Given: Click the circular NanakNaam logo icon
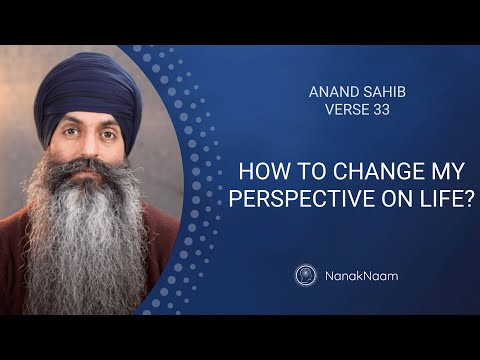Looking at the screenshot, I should pos(306,275).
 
